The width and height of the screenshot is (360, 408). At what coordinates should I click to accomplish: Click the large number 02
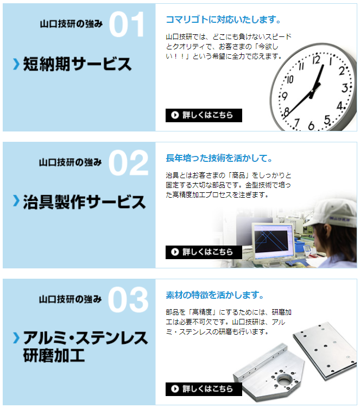[128, 163]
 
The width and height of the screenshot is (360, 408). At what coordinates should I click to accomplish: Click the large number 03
[128, 300]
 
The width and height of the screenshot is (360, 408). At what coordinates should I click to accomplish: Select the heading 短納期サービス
[77, 64]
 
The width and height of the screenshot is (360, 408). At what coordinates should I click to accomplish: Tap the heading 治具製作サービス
[84, 202]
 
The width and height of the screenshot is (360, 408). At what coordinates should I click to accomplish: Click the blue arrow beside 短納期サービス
[16, 65]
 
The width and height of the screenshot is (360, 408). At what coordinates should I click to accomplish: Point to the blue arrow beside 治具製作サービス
[16, 202]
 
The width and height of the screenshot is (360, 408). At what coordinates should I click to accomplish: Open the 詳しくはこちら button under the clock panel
[204, 115]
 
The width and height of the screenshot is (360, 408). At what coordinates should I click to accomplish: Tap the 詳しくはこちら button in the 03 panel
[204, 389]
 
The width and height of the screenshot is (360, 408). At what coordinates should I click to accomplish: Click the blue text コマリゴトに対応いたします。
[223, 21]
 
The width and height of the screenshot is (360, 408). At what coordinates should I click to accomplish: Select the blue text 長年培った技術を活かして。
[219, 158]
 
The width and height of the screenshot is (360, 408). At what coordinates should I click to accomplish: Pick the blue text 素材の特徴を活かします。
[215, 296]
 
